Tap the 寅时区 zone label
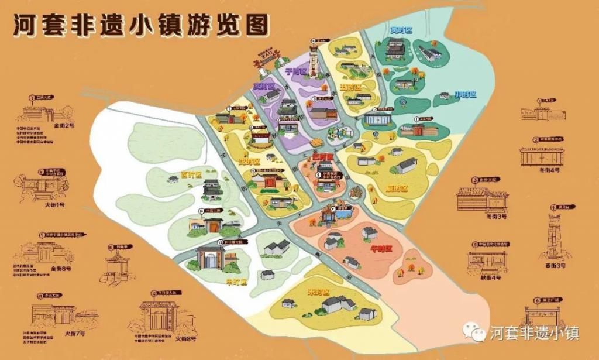coord(402,29)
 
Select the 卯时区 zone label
coord(466,94)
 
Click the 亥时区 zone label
coord(264,86)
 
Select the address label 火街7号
coord(74,334)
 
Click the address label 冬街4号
coord(549,170)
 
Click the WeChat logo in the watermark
coord(474,332)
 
